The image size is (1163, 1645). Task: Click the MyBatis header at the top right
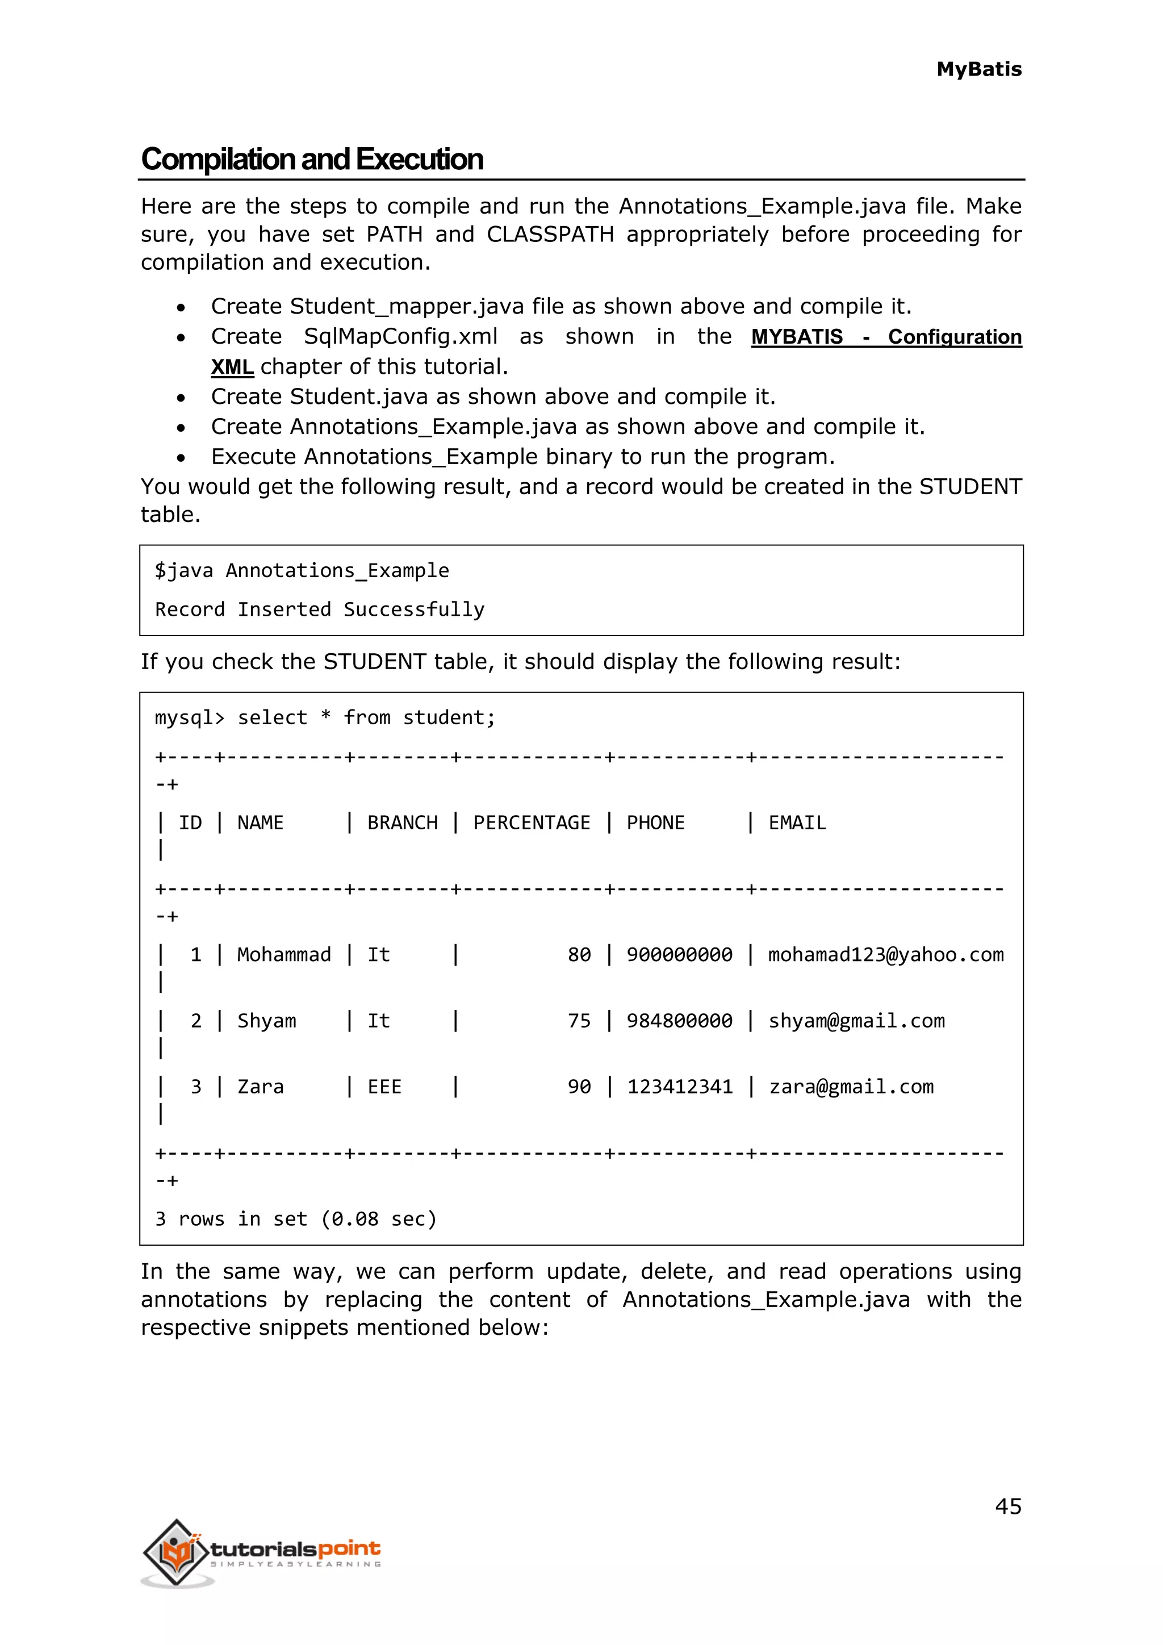(978, 69)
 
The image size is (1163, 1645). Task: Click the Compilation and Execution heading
(312, 159)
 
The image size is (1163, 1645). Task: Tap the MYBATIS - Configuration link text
(886, 337)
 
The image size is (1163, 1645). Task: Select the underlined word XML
(232, 367)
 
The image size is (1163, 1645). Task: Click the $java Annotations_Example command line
(302, 570)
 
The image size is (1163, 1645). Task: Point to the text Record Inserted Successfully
(319, 609)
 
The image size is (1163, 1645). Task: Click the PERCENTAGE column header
(532, 822)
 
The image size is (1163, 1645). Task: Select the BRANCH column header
(403, 822)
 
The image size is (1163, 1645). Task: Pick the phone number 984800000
(679, 1020)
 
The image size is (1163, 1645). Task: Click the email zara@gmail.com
(851, 1087)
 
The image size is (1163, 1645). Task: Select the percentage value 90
(579, 1087)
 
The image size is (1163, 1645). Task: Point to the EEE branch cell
(384, 1087)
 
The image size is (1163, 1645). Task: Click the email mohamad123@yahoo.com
(885, 954)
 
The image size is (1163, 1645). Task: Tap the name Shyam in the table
(266, 1020)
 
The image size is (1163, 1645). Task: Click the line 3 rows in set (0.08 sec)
(295, 1219)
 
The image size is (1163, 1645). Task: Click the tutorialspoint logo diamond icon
(177, 1552)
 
